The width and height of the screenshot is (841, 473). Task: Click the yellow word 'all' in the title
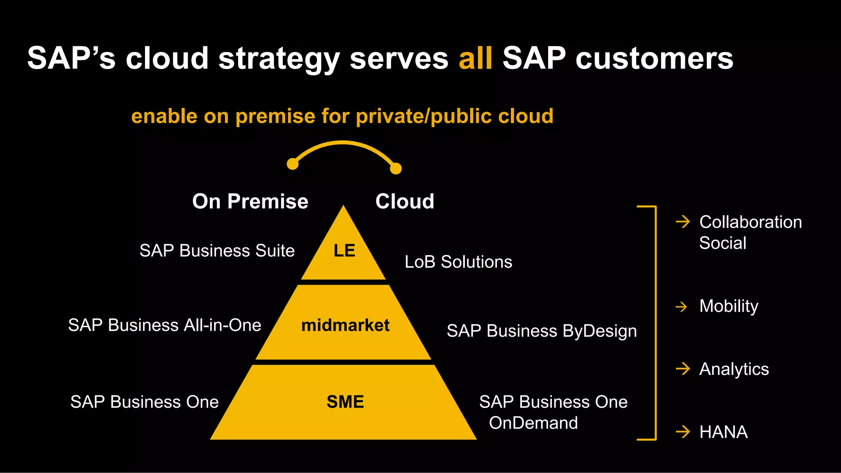[476, 58]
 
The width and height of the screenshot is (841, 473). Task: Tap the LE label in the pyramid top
[344, 251]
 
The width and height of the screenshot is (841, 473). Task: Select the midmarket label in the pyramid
[345, 325]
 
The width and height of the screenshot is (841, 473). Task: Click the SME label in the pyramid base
[345, 402]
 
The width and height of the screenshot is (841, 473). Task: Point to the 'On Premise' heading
[250, 201]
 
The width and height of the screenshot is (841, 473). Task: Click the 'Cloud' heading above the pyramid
[404, 201]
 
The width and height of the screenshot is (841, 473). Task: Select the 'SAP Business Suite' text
[217, 251]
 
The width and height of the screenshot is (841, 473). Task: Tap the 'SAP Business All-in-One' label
[165, 325]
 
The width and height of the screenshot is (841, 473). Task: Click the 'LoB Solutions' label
[458, 262]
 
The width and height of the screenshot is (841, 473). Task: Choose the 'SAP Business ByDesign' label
[542, 331]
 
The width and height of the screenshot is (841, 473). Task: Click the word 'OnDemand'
[533, 423]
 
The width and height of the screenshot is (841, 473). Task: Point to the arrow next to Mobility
[682, 307]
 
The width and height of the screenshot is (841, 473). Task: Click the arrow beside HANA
[682, 432]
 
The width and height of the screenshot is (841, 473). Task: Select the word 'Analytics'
[734, 369]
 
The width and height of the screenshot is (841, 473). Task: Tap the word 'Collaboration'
[750, 222]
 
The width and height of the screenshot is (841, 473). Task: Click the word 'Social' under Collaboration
[723, 243]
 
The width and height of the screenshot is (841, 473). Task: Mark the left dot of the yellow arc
[292, 164]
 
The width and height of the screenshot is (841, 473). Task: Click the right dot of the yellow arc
[396, 168]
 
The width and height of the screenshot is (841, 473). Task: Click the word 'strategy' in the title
[279, 58]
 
